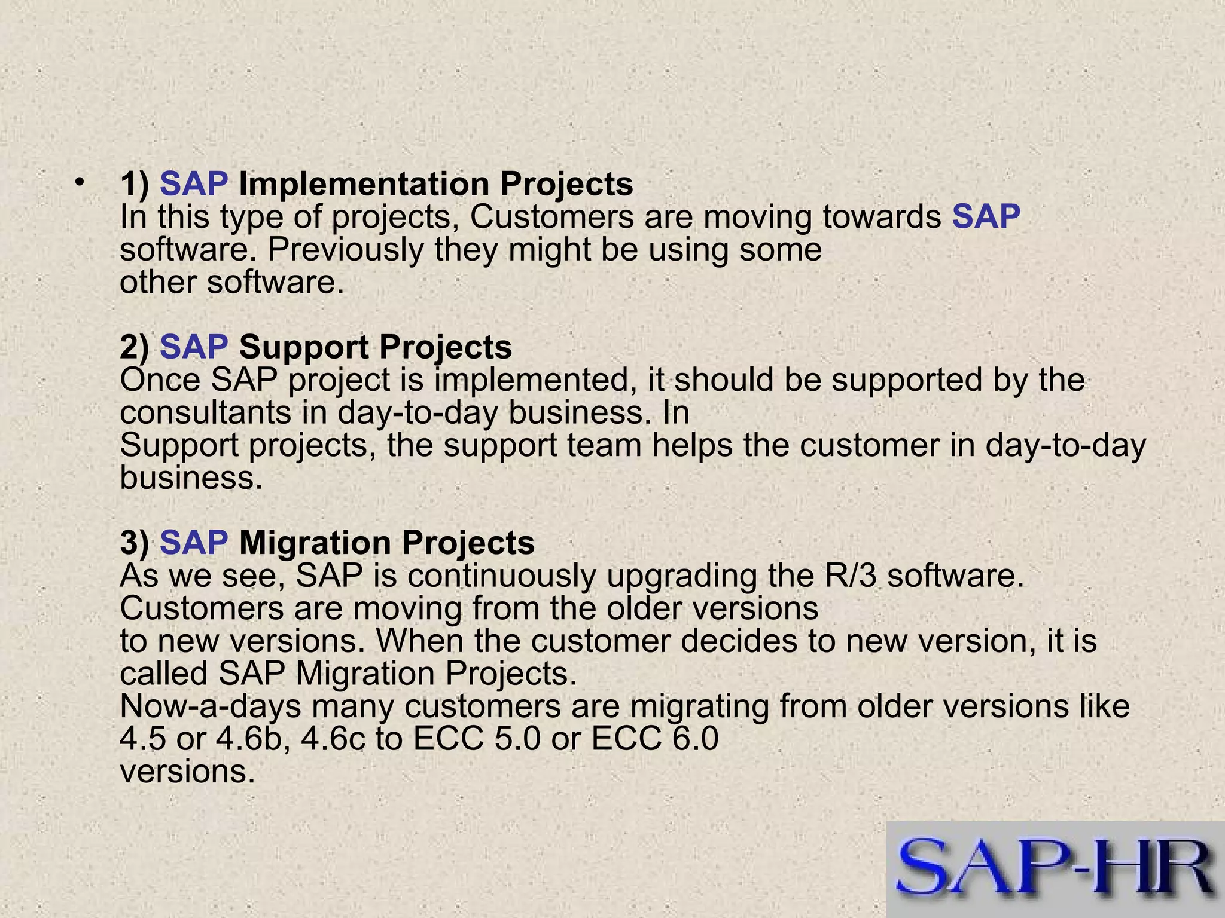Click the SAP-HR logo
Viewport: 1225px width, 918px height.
click(x=1056, y=869)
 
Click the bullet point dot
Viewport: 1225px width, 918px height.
click(x=78, y=182)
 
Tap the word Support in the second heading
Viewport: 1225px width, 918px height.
click(x=303, y=347)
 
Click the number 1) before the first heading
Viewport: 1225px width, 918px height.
click(x=135, y=184)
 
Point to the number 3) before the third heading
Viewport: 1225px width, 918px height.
click(x=135, y=543)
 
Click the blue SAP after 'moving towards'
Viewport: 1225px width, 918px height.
click(x=986, y=216)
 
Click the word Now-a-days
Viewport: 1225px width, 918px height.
click(x=211, y=706)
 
